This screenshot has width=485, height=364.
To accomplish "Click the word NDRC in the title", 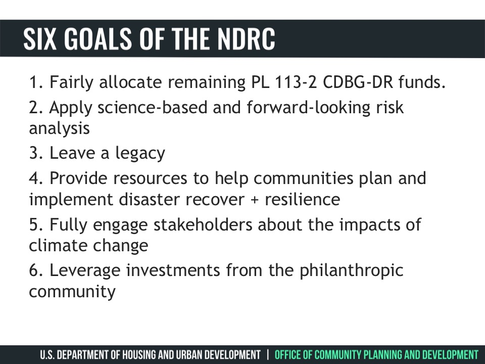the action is coord(246,38).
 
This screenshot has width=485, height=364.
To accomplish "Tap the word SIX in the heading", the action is coord(40,38).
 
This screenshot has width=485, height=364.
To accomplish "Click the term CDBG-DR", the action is coord(358,82).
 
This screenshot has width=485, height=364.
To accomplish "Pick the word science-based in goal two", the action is coord(152,107).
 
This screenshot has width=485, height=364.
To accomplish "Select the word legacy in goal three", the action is coord(140,154).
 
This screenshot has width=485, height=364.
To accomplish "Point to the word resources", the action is coord(150,179).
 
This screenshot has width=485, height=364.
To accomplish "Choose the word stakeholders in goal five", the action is coord(203,224).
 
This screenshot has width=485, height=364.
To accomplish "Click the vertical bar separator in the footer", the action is coord(268,355).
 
